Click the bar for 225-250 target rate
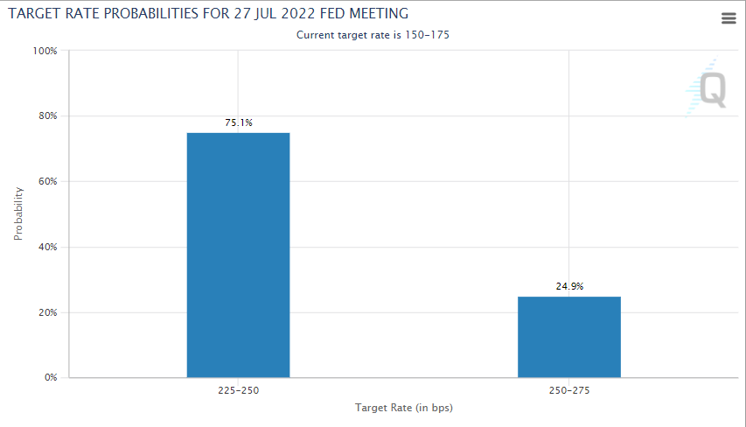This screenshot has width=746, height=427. (238, 255)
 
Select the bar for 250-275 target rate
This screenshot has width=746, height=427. (569, 337)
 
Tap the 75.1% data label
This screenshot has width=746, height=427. (238, 123)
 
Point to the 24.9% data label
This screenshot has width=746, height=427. (569, 286)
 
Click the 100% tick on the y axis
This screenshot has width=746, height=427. (45, 51)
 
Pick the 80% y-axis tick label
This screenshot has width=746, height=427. (46, 116)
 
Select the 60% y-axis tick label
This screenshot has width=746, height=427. (46, 182)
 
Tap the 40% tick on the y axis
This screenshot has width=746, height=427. (46, 248)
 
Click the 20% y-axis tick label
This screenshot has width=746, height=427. (46, 313)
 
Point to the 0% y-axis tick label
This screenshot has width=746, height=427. (50, 378)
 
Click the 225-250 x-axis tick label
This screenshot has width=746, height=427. (238, 390)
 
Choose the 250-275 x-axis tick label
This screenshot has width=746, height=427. (569, 390)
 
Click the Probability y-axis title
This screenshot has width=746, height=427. (18, 214)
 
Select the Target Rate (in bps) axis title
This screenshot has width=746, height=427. (404, 408)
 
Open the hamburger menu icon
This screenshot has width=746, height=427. (729, 18)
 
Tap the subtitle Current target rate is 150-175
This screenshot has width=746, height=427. (373, 35)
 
